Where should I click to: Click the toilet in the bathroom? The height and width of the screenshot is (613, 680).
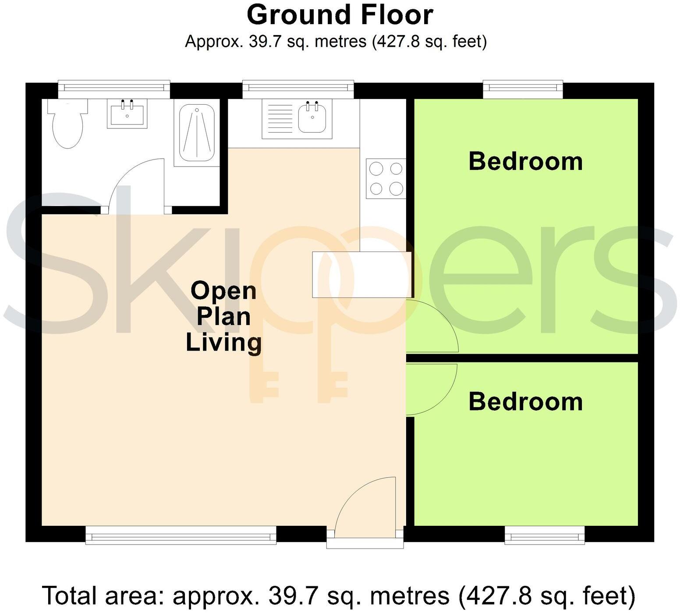click(67, 125)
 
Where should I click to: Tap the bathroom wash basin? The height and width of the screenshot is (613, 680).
click(127, 113)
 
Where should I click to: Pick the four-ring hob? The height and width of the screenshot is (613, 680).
click(386, 178)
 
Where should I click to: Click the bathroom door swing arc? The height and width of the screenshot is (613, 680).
click(134, 184)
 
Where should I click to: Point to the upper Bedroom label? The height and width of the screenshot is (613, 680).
click(525, 161)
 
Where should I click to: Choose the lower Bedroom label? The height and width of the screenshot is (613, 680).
click(525, 401)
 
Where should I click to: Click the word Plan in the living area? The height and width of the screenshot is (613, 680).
click(223, 316)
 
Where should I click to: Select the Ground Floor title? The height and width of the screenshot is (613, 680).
click(340, 15)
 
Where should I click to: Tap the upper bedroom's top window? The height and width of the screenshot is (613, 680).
click(523, 89)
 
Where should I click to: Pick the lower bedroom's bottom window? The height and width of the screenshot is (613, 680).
click(544, 535)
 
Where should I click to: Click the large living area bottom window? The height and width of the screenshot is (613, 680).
click(181, 535)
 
